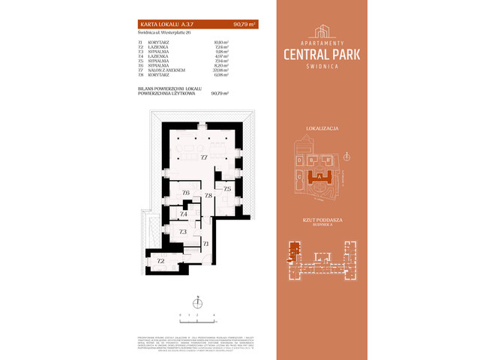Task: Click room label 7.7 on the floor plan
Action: coord(203,157)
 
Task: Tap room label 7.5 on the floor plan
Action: coord(227,189)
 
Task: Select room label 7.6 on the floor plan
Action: coord(185,193)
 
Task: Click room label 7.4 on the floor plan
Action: coord(183,214)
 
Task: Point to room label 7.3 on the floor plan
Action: coord(182,232)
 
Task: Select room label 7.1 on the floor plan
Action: coord(205,244)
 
